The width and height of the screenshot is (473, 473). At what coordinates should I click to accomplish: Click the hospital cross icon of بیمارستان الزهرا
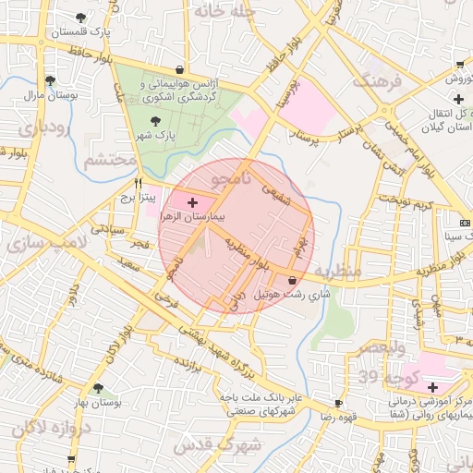[x=192, y=202]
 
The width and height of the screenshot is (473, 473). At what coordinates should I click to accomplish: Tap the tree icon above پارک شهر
[x=154, y=120]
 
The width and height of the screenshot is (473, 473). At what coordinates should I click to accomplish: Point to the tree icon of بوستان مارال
[x=50, y=79]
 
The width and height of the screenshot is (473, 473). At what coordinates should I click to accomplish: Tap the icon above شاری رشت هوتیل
[x=293, y=279]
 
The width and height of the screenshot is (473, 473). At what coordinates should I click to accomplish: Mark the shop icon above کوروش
[x=459, y=65]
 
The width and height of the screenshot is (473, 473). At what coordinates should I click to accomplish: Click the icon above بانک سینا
[x=465, y=223]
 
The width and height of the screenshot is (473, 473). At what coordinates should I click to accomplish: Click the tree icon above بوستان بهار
[x=99, y=388]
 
